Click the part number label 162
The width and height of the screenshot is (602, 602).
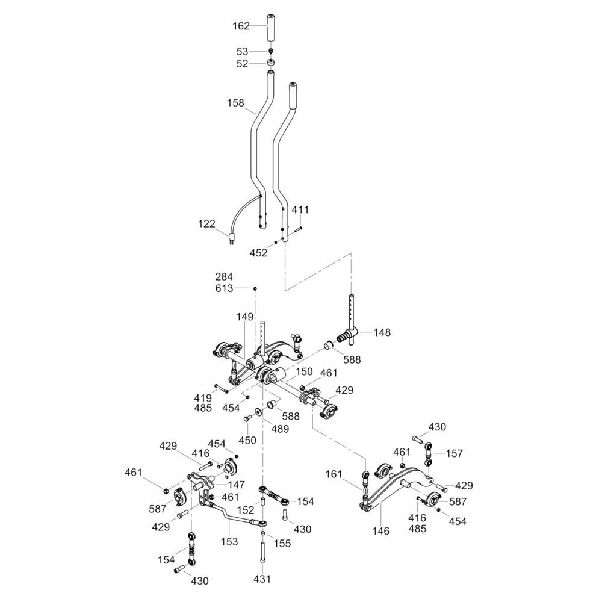click(x=241, y=26)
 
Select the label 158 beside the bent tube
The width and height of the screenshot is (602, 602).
click(x=236, y=103)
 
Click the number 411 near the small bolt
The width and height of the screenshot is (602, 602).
click(x=300, y=210)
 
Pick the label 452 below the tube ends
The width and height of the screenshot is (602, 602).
click(x=259, y=253)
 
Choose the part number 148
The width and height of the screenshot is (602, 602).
click(x=382, y=332)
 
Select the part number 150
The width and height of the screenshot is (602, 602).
click(x=304, y=372)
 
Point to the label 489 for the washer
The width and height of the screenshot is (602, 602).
click(x=280, y=429)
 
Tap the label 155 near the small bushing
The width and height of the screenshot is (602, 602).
click(x=281, y=543)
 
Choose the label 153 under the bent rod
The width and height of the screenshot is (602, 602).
click(x=229, y=542)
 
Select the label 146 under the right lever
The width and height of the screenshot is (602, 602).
click(x=381, y=531)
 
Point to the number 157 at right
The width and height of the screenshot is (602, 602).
click(x=455, y=453)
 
